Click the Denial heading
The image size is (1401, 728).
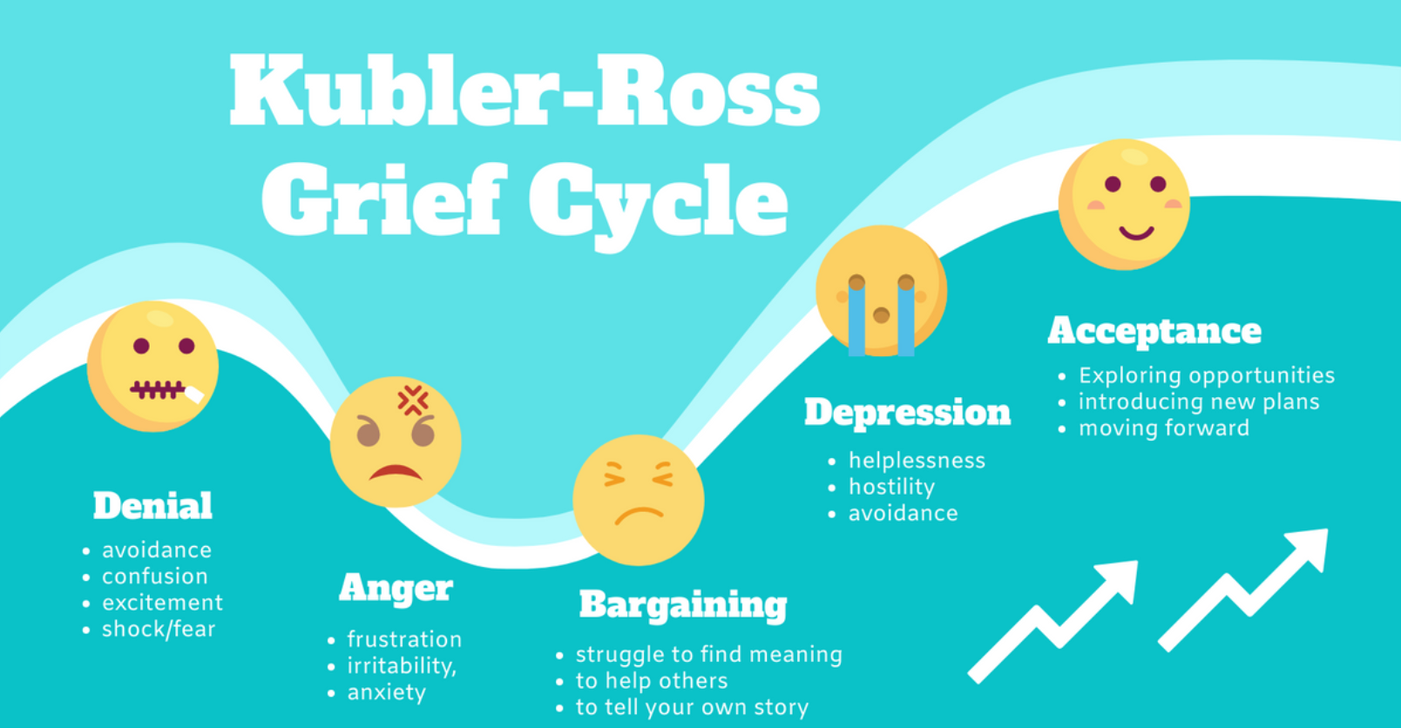coord(152,506)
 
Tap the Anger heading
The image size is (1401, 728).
coord(396,588)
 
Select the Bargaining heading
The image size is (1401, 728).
coord(683,605)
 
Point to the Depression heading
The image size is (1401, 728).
coord(908,413)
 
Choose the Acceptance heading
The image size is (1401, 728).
coord(1154,331)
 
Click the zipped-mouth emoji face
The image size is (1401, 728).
coord(152,367)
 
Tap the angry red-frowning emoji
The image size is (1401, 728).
coord(396,442)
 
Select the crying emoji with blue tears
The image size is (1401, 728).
coord(881,291)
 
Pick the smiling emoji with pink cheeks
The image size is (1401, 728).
coord(1124,205)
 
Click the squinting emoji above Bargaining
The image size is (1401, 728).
coord(639,500)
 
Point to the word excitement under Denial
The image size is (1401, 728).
coord(163,603)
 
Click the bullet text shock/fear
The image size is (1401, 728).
coord(159,629)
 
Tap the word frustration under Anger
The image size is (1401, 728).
coord(404,639)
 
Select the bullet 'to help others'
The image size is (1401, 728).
coord(652,680)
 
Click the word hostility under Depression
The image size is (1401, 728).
coord(892,487)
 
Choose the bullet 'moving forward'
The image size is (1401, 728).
coord(1164,428)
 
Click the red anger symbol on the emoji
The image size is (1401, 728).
coord(413,401)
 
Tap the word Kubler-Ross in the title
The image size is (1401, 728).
coord(525,91)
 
